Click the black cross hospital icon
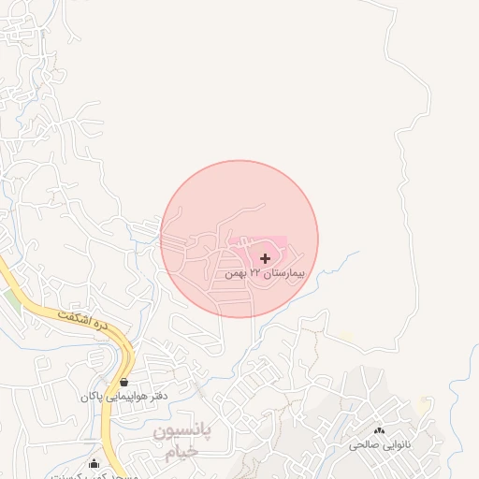click(x=265, y=257)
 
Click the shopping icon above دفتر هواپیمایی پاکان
click(x=124, y=382)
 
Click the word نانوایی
click(x=392, y=445)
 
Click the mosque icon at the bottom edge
click(x=94, y=463)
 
